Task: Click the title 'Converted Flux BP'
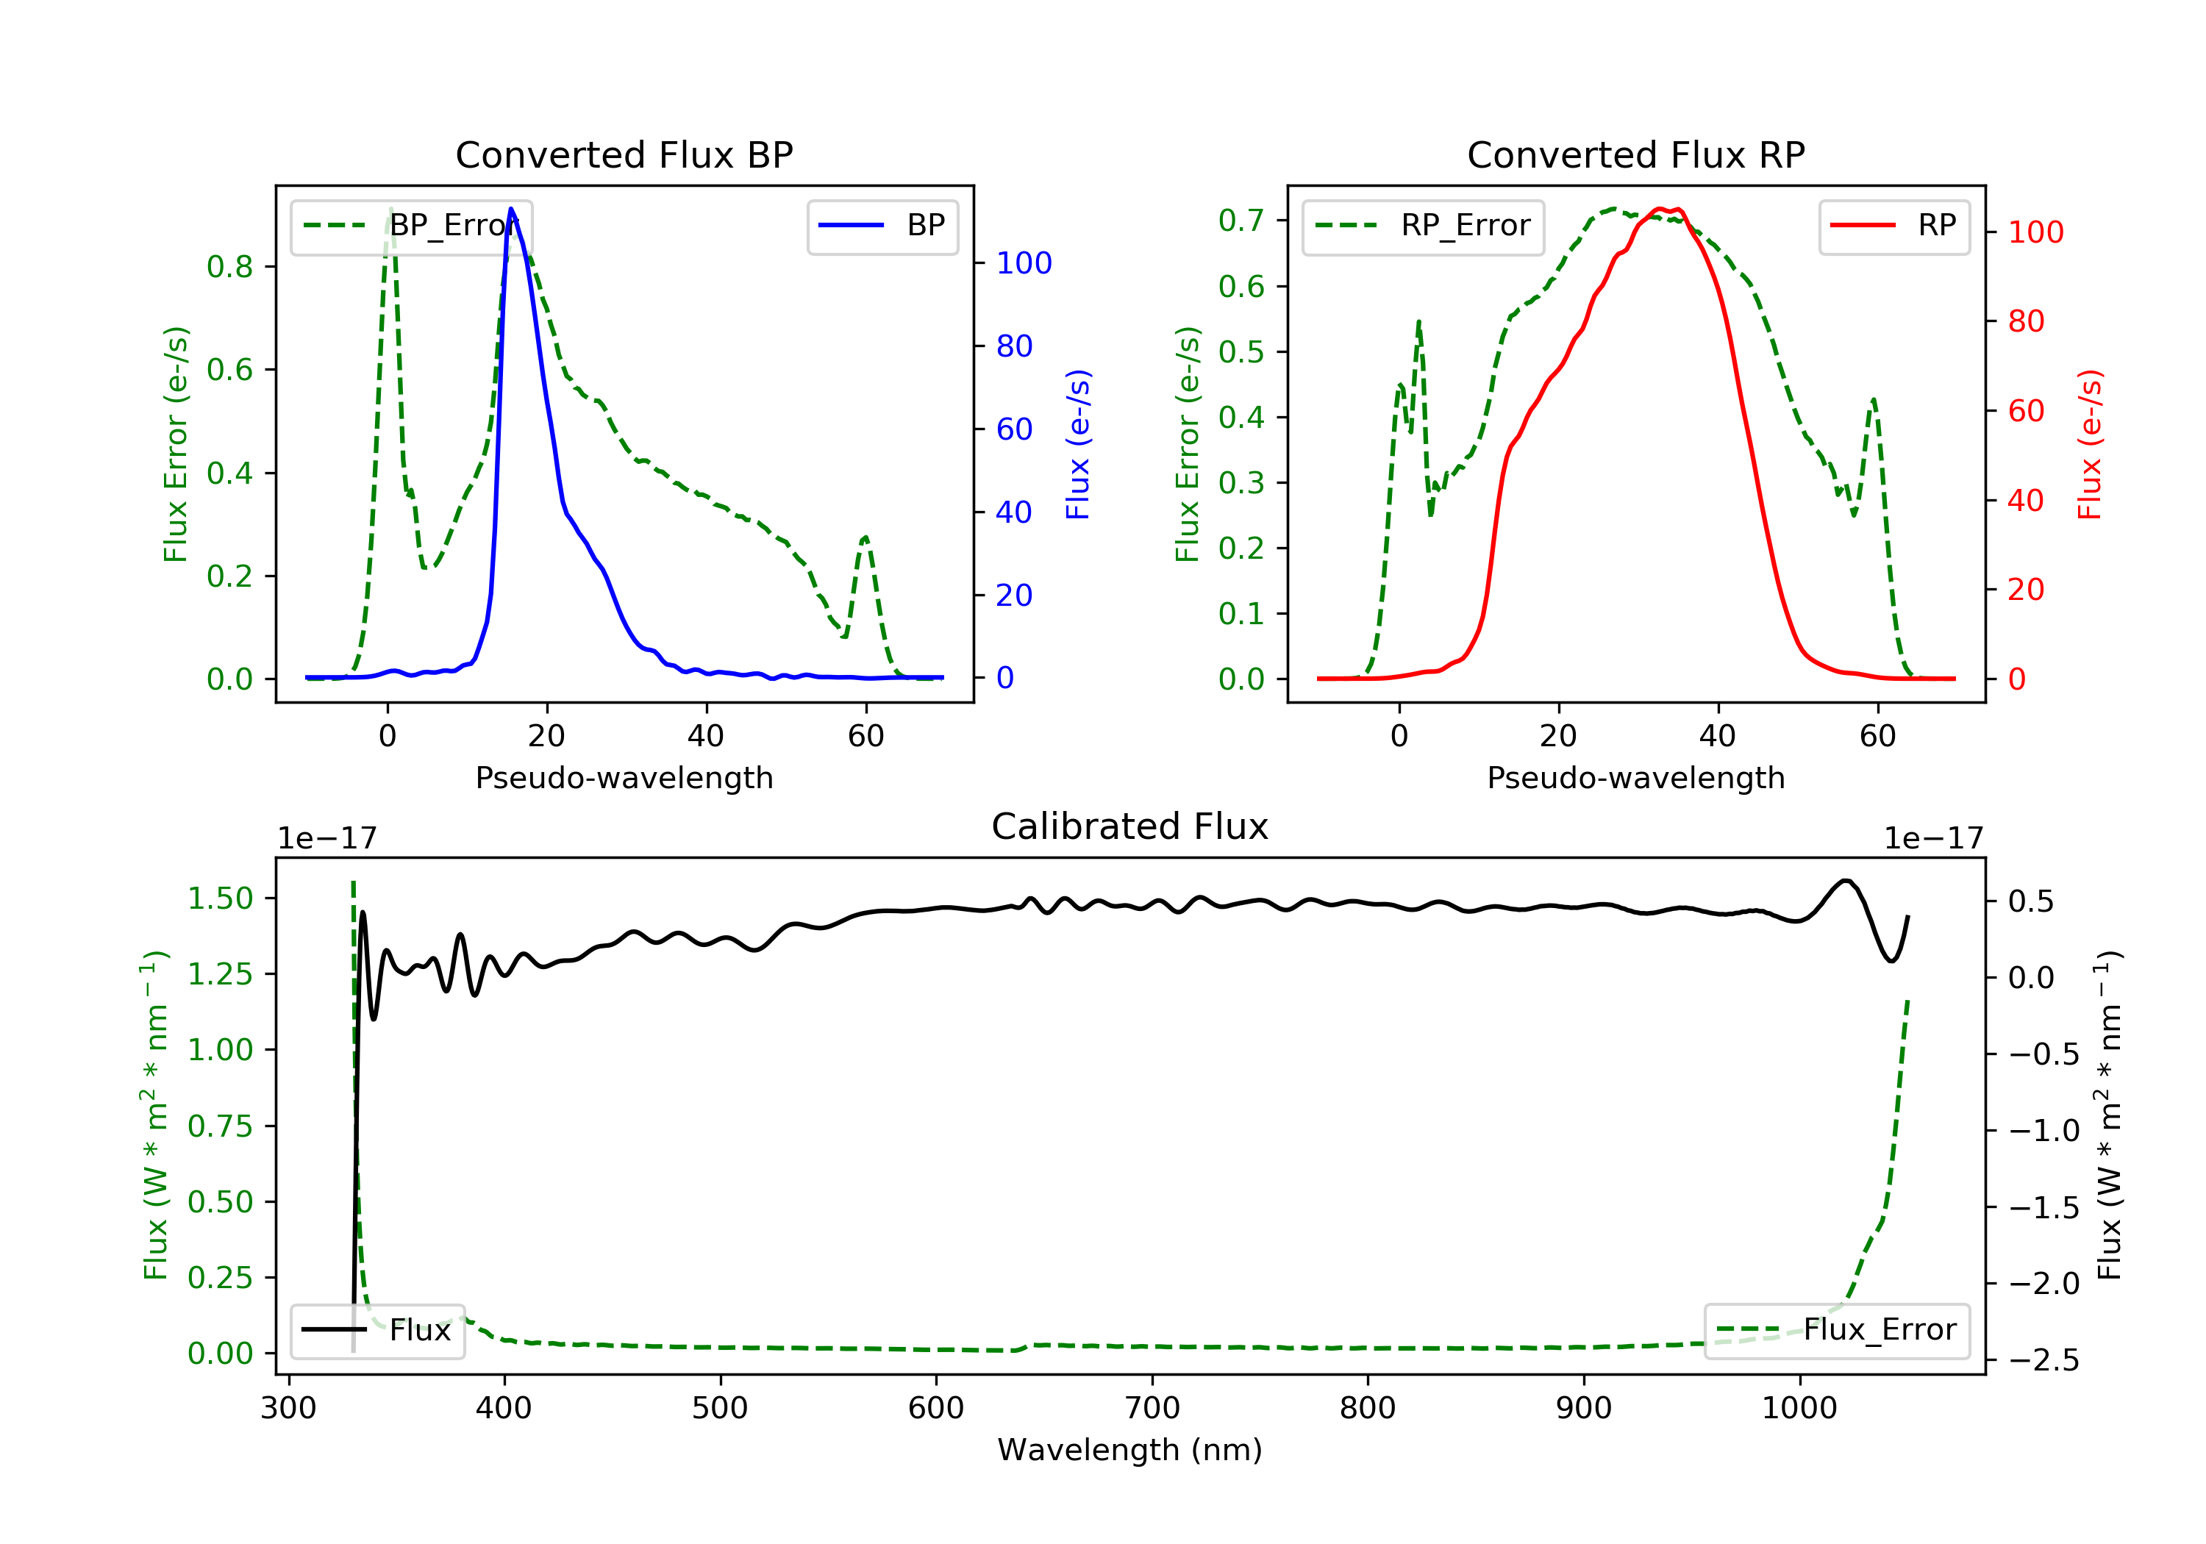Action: coord(624,154)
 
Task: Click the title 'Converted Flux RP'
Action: coord(1635,154)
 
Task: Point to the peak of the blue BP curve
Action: coord(510,210)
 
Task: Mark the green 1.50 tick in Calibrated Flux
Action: coord(220,898)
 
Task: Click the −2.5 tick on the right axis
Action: coord(2043,1359)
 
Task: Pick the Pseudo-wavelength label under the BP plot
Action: coord(624,777)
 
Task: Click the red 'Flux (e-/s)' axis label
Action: coord(2089,444)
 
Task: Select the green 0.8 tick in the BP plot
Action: coord(229,266)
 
